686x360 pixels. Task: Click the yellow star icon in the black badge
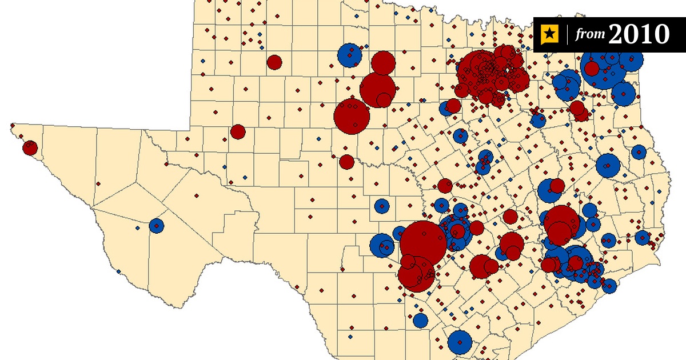point(549,35)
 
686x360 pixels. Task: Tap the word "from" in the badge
point(590,35)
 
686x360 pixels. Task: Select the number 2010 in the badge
point(639,34)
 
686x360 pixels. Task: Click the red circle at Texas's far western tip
point(30,149)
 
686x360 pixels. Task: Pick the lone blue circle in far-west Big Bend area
point(157,226)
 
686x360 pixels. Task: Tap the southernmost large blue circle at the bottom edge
point(460,342)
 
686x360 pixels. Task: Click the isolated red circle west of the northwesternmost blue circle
point(274,62)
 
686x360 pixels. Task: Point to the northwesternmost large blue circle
point(349,55)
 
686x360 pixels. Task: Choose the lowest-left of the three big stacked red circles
point(352,117)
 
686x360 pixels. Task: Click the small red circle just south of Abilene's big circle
point(346,162)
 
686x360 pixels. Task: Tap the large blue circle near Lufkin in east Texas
point(608,166)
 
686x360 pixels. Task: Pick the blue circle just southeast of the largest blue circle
point(623,94)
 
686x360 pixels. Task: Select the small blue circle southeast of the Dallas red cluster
point(538,120)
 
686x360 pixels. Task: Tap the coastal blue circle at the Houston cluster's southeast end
point(609,286)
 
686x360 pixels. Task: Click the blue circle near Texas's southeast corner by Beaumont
point(643,238)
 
